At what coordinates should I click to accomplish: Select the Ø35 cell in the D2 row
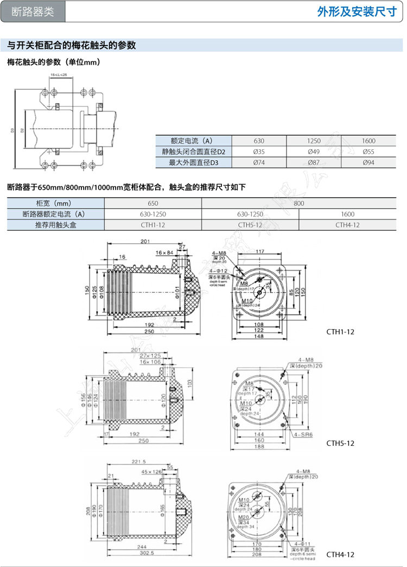258,152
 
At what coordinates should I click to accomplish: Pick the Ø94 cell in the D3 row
368,162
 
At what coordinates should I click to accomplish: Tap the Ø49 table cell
313,152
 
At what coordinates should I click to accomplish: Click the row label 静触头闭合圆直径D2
193,152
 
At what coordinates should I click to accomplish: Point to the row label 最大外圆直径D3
193,162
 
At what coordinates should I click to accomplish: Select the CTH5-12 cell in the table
250,225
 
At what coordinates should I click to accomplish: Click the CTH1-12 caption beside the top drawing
340,331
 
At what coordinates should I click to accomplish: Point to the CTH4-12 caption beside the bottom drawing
340,555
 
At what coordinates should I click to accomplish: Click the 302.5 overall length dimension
144,554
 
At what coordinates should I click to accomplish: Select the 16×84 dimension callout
164,253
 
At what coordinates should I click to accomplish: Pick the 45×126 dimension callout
151,471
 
